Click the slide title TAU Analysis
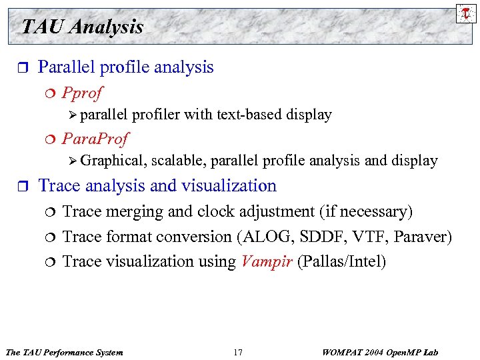tap(82, 27)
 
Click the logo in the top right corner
tap(465, 13)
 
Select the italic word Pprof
tap(82, 92)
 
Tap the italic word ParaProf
tap(95, 139)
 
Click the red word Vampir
tap(267, 261)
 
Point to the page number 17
tap(238, 352)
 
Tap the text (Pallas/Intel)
tap(341, 261)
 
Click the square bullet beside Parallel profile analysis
tap(23, 67)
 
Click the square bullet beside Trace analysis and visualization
tap(23, 186)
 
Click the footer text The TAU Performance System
tap(63, 352)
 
